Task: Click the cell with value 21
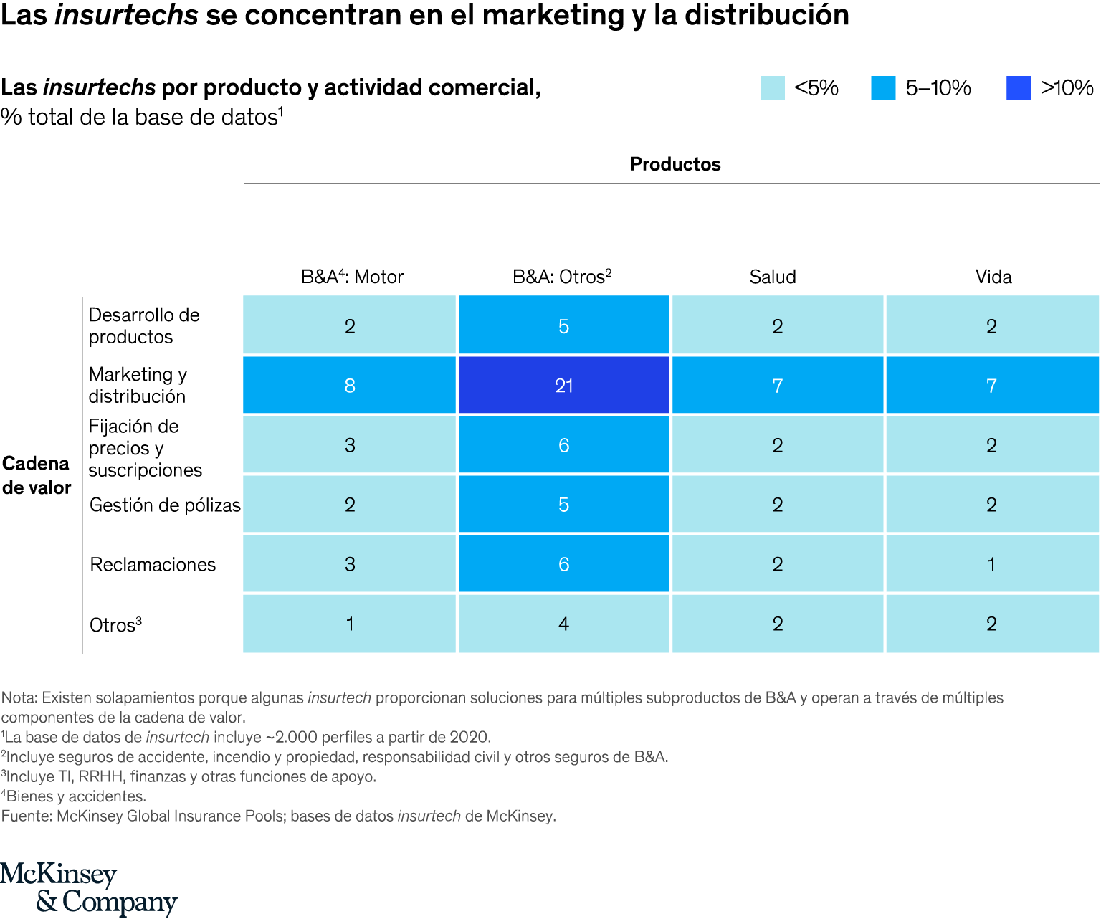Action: [x=564, y=386]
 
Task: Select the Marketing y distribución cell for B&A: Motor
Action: [x=350, y=386]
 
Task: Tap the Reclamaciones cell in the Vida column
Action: [x=992, y=564]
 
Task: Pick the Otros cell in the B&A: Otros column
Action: [x=564, y=624]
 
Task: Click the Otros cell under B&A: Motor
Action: [x=350, y=624]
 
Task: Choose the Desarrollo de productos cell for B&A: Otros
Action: [x=564, y=326]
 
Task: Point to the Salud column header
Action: [x=773, y=277]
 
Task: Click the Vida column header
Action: [x=993, y=277]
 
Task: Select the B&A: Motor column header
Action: [x=352, y=277]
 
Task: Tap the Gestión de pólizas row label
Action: [x=165, y=505]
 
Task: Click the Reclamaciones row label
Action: [x=153, y=565]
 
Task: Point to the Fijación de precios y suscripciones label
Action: [x=145, y=448]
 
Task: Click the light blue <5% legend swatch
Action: [x=773, y=88]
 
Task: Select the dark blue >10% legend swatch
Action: [x=1019, y=88]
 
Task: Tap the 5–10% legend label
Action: [x=938, y=88]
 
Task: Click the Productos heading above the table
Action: [x=675, y=164]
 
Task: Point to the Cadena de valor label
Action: [x=37, y=475]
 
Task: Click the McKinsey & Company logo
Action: [x=89, y=889]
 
